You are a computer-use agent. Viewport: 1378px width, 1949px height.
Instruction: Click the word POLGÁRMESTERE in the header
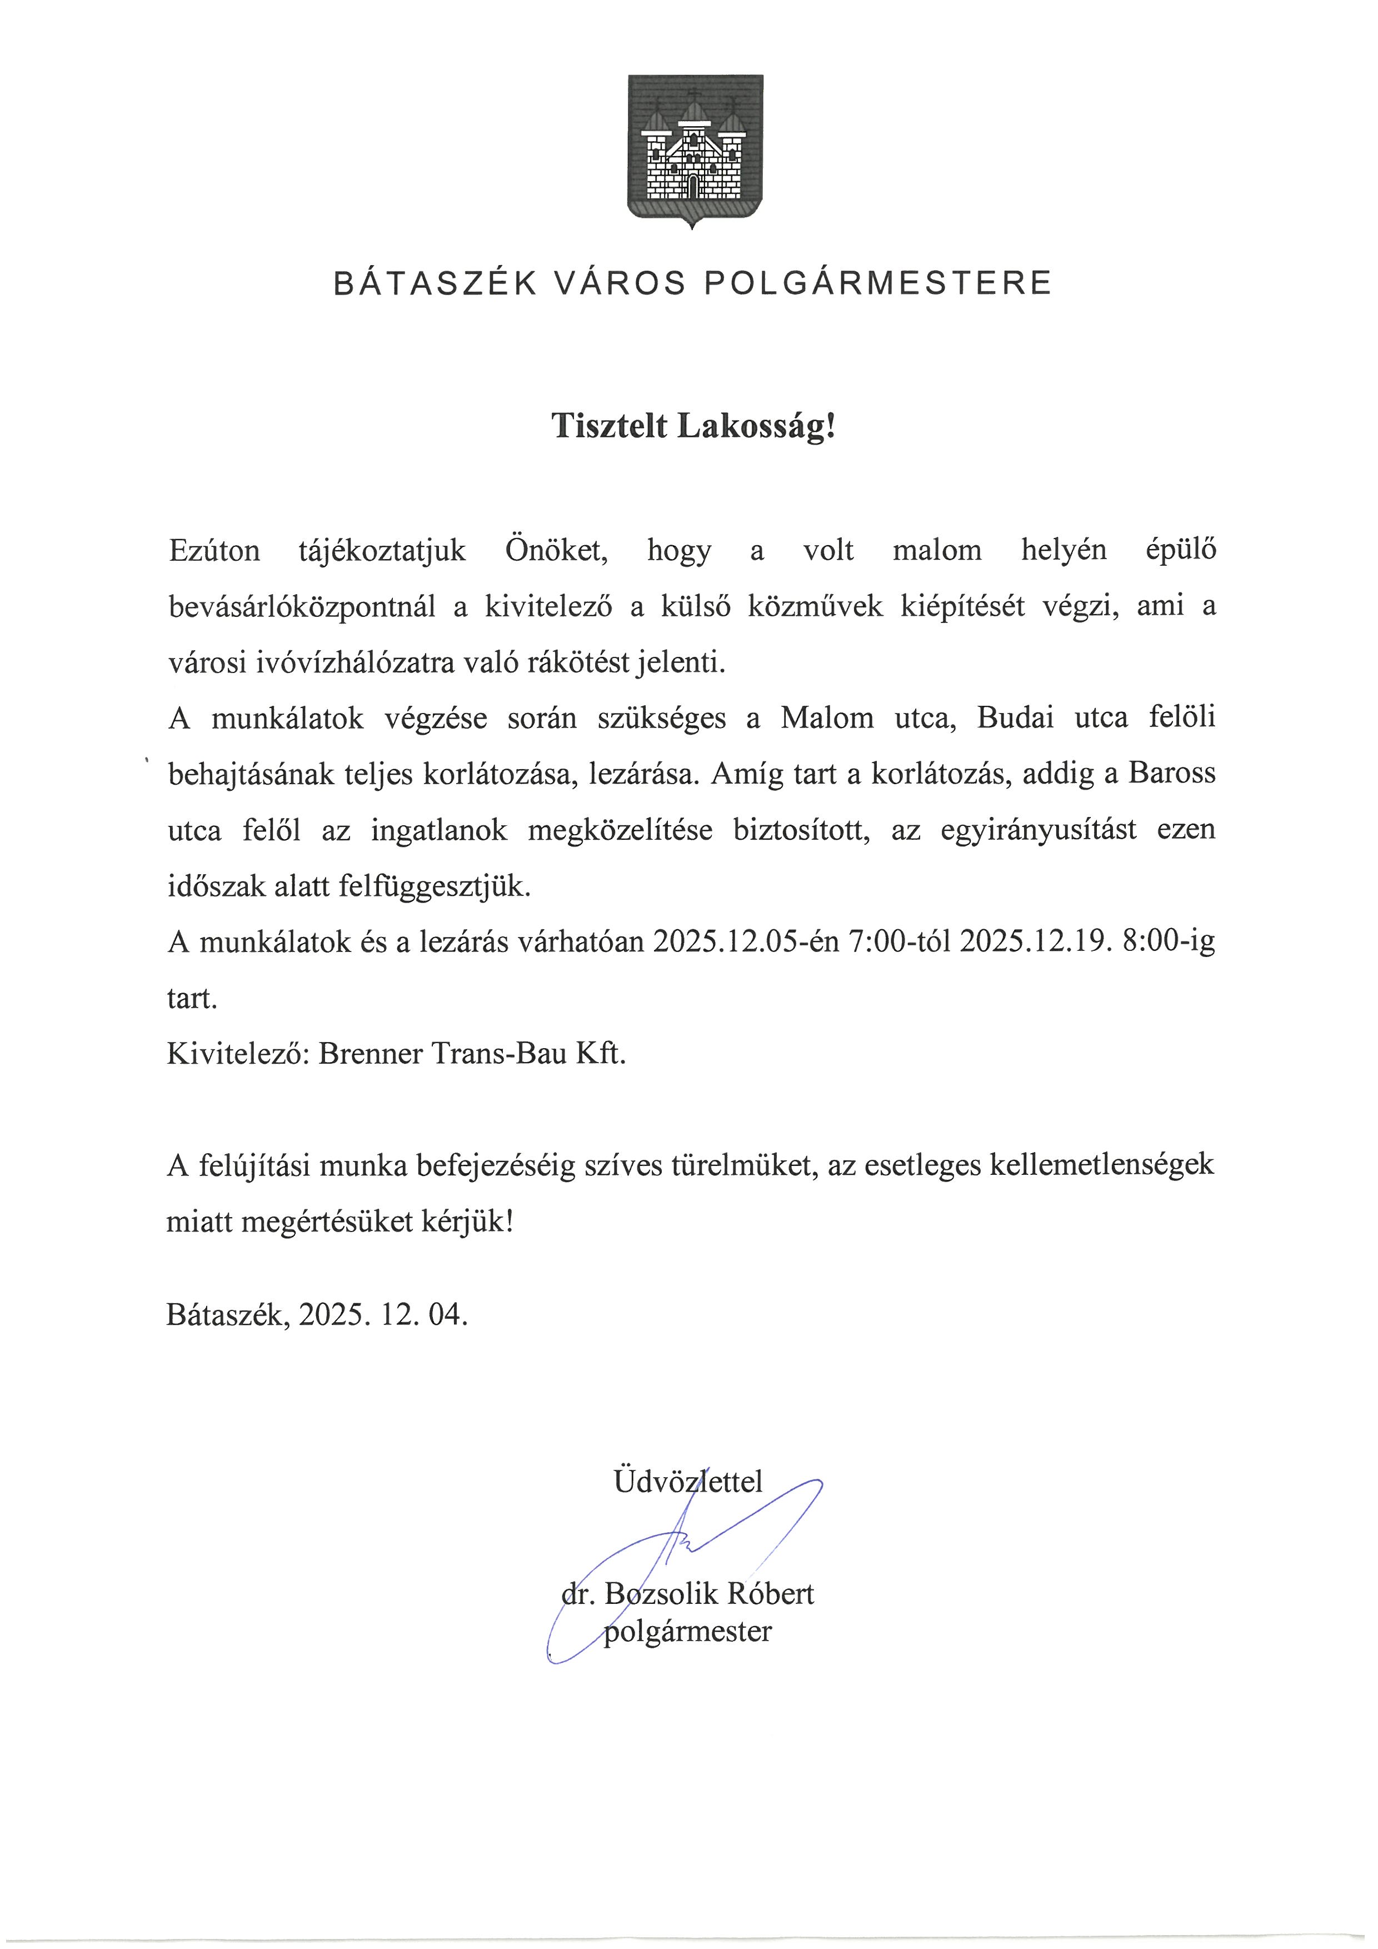pos(878,283)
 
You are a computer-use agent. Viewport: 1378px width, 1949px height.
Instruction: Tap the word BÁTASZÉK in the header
pos(435,283)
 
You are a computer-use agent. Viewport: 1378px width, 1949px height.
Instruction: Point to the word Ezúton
pos(214,550)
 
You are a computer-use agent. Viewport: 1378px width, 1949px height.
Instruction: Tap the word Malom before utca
pos(826,718)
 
